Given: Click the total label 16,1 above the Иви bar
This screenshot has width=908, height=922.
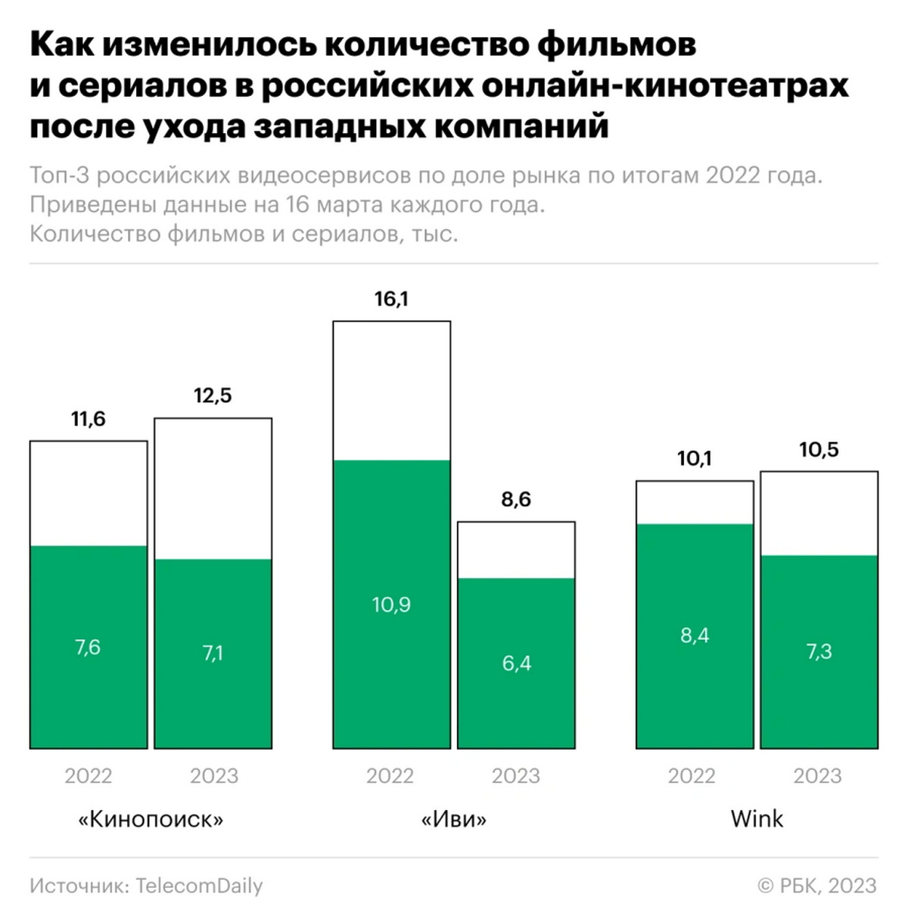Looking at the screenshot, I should tap(391, 300).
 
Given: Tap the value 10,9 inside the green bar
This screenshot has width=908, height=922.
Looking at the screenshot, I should tap(391, 604).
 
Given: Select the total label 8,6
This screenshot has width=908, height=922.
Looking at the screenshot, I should tap(516, 499).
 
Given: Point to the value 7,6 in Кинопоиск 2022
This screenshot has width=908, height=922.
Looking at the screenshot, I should tap(88, 647).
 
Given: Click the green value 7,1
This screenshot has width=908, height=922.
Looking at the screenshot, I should tap(213, 653).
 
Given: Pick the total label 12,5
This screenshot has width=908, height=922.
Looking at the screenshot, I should tap(213, 396).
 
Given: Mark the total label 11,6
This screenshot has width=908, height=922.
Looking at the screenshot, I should tap(89, 419).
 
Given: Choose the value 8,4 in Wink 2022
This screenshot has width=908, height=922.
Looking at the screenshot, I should tap(695, 635).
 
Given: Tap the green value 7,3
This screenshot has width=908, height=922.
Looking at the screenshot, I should tap(819, 651).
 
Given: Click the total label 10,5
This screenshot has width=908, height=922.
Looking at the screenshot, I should tap(819, 450).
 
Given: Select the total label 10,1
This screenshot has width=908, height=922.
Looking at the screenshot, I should tap(695, 458).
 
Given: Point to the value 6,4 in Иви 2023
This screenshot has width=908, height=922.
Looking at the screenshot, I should tap(516, 663).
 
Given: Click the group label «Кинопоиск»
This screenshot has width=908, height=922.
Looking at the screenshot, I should tap(151, 819).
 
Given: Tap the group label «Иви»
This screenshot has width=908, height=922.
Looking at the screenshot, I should tap(453, 819).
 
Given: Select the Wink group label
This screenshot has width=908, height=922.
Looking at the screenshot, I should tap(757, 818).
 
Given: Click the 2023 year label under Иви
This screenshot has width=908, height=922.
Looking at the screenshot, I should tap(516, 776).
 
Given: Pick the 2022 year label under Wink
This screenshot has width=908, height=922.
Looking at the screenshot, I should tap(692, 776).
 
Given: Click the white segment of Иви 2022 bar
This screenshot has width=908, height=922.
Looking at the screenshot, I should tap(391, 390).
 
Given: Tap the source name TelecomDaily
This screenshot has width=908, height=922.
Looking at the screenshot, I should tap(199, 886).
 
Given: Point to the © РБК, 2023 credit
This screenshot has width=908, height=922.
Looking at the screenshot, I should tap(817, 886).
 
